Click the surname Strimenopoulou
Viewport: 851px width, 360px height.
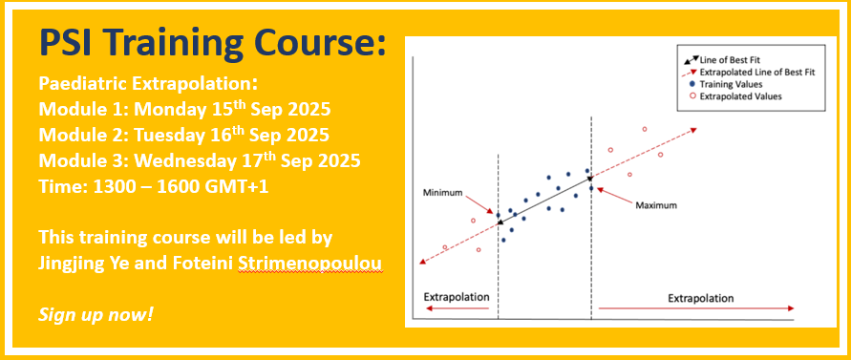[x=310, y=265]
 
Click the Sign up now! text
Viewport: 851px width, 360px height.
[x=96, y=314]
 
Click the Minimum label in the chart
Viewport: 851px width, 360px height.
[x=442, y=192]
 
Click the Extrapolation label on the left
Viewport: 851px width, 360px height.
[x=457, y=297]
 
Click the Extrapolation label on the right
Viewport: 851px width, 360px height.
[x=701, y=298]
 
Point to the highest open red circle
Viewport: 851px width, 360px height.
[x=645, y=129]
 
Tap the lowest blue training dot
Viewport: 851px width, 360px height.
[x=503, y=240]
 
